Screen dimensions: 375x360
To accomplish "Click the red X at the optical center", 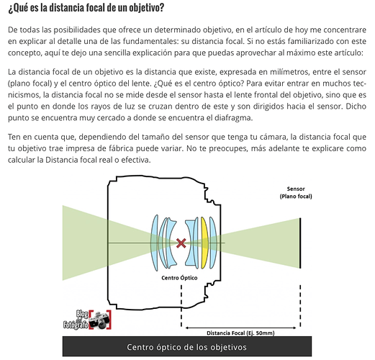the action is [x=181, y=243].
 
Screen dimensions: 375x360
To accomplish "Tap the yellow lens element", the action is [x=204, y=243].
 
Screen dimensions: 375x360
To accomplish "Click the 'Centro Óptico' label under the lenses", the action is [x=179, y=278].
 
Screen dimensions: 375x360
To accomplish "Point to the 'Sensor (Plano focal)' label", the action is [x=296, y=193].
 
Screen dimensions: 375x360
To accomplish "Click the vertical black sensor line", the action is [x=300, y=243].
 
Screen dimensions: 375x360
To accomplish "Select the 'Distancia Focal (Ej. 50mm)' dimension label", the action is [x=240, y=333].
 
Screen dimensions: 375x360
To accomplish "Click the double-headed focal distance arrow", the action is [x=241, y=328].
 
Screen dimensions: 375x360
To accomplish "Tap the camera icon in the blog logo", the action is [x=100, y=320].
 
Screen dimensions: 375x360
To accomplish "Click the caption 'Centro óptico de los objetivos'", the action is [x=186, y=347].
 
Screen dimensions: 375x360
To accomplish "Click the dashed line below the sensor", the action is [x=300, y=306].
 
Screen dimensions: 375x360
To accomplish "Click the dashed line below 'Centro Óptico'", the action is [x=181, y=306].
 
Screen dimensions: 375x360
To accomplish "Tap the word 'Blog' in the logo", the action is [x=82, y=314].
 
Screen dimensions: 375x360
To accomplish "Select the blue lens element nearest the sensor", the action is [x=213, y=243].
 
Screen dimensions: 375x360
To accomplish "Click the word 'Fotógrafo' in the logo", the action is [x=76, y=325].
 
